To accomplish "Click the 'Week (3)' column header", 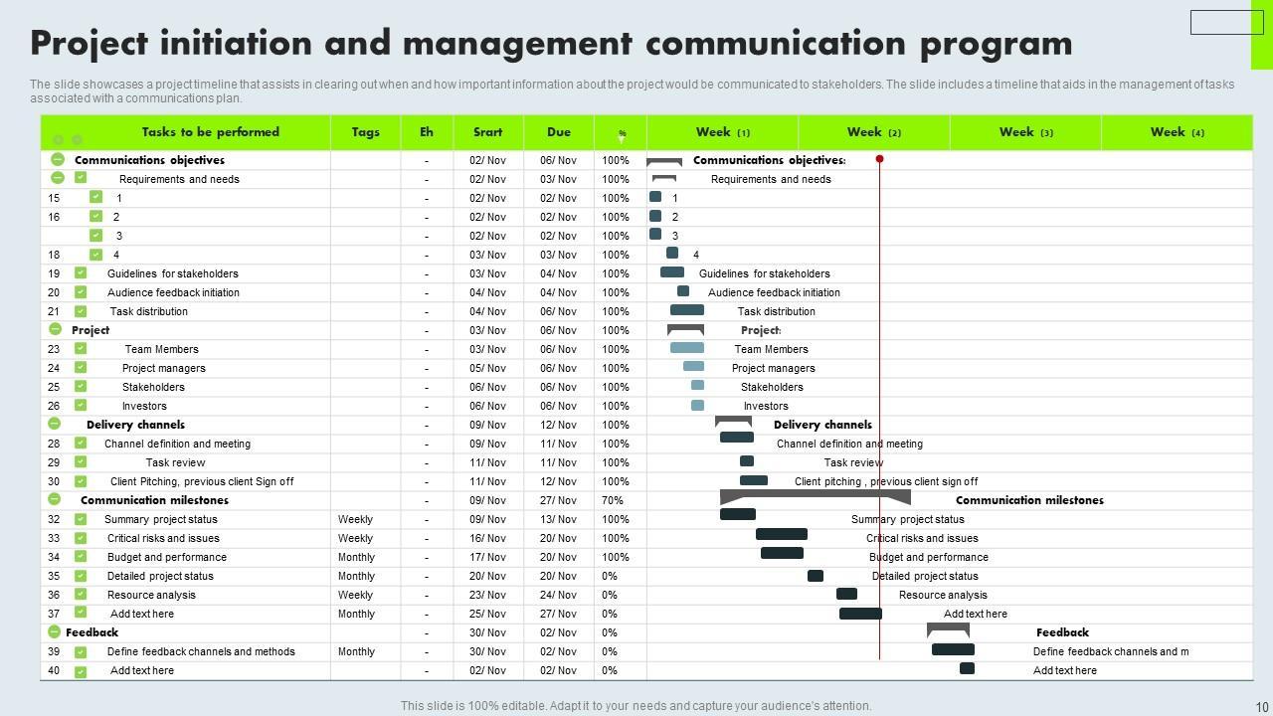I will click(1025, 132).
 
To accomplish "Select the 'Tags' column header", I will click(365, 132).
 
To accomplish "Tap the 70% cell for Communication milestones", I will click(613, 500).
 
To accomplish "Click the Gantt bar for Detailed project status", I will click(816, 576).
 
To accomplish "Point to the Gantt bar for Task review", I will click(747, 461).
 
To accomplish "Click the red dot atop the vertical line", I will click(879, 159).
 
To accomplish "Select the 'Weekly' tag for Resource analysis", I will click(355, 595).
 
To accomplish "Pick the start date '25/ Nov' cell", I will click(487, 614).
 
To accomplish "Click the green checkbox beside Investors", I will click(81, 405).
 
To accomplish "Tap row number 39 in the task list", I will click(54, 651).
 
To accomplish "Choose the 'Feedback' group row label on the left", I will click(91, 632).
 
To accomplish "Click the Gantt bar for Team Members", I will click(687, 348).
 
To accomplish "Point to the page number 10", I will click(1261, 706).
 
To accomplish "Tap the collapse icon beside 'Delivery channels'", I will click(55, 424).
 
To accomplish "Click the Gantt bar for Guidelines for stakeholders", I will click(672, 272).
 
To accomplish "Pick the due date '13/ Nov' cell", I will click(558, 519).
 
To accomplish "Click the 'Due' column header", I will click(558, 132).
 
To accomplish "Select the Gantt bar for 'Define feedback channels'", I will click(953, 650).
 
